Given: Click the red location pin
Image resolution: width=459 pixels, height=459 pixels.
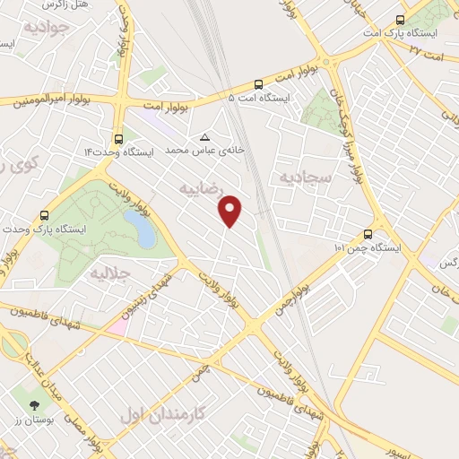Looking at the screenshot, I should click(x=231, y=210).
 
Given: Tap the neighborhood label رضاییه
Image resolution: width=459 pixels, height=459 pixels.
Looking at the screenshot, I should click(x=202, y=189).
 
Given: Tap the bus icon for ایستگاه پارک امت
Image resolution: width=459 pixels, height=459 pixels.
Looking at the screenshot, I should click(x=399, y=20).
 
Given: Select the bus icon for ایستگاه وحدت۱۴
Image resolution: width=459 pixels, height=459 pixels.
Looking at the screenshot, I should click(x=118, y=139).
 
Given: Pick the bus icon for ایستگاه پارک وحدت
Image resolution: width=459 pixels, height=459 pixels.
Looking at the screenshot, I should click(x=45, y=215).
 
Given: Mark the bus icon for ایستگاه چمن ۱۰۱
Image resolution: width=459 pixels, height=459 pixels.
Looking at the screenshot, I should click(x=368, y=233).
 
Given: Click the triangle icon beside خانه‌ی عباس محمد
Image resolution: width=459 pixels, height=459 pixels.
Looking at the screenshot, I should click(x=205, y=137).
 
